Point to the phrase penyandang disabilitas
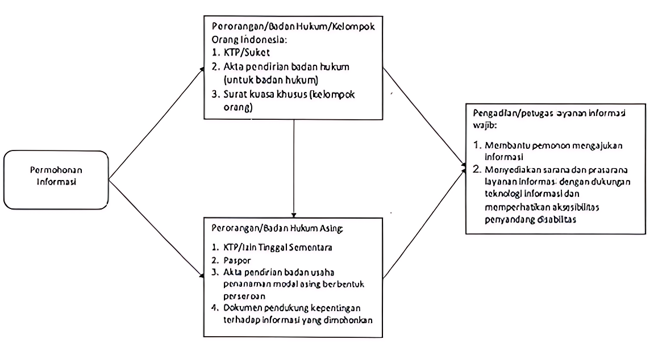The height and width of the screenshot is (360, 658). pyautogui.click(x=531, y=219)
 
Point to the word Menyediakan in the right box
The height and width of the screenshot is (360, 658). pyautogui.click(x=509, y=170)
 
